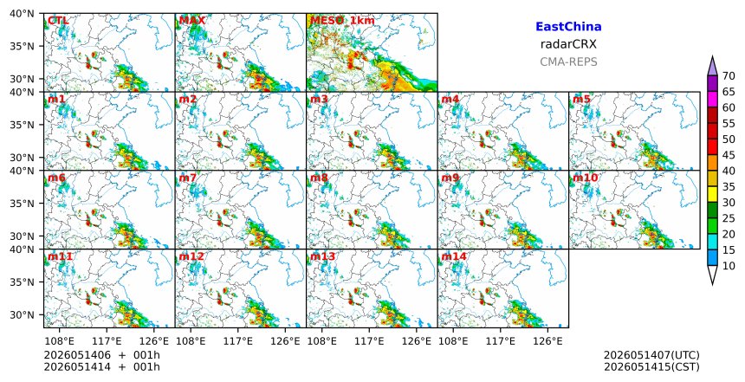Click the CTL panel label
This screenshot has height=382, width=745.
58,21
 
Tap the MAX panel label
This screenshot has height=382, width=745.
192,21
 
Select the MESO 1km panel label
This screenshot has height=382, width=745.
342,21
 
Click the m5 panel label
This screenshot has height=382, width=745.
581,100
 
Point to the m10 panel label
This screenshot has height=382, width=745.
586,178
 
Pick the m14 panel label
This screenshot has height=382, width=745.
454,256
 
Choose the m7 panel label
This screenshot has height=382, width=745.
188,178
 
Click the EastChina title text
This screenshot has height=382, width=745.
568,27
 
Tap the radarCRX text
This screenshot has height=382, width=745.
568,44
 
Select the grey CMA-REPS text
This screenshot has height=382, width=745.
568,62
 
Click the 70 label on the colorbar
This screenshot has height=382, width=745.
729,76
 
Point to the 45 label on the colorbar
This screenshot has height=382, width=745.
729,155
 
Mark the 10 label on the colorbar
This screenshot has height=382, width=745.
729,266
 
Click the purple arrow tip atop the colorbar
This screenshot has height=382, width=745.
712,56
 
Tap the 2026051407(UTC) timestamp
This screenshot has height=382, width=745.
651,355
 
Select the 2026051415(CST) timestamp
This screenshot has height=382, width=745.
651,366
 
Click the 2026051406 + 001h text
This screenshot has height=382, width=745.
101,355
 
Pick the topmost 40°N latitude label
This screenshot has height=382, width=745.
22,14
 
